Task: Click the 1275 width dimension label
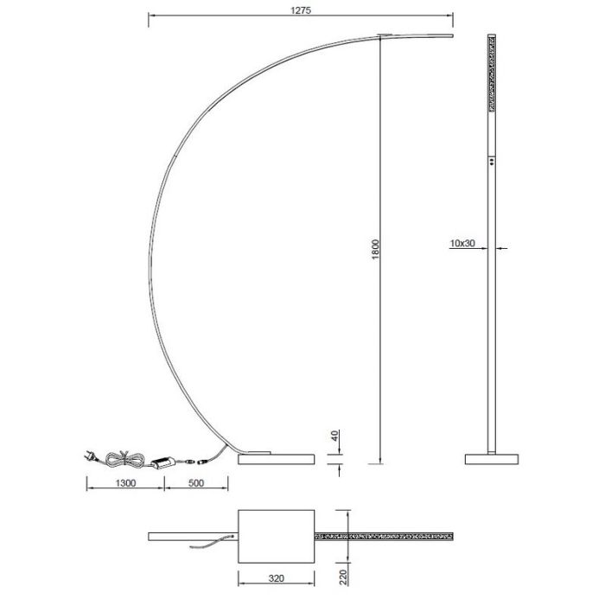pyautogui.click(x=301, y=10)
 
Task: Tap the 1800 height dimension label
pyautogui.click(x=375, y=249)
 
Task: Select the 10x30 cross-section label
pyautogui.click(x=462, y=244)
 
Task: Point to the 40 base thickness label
pyautogui.click(x=334, y=436)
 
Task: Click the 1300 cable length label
pyautogui.click(x=126, y=483)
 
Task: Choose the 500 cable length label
pyautogui.click(x=196, y=483)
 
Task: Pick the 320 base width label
pyautogui.click(x=277, y=578)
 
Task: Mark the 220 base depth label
pyautogui.click(x=343, y=576)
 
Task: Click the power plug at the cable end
pyautogui.click(x=90, y=456)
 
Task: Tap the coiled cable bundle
pyautogui.click(x=124, y=458)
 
